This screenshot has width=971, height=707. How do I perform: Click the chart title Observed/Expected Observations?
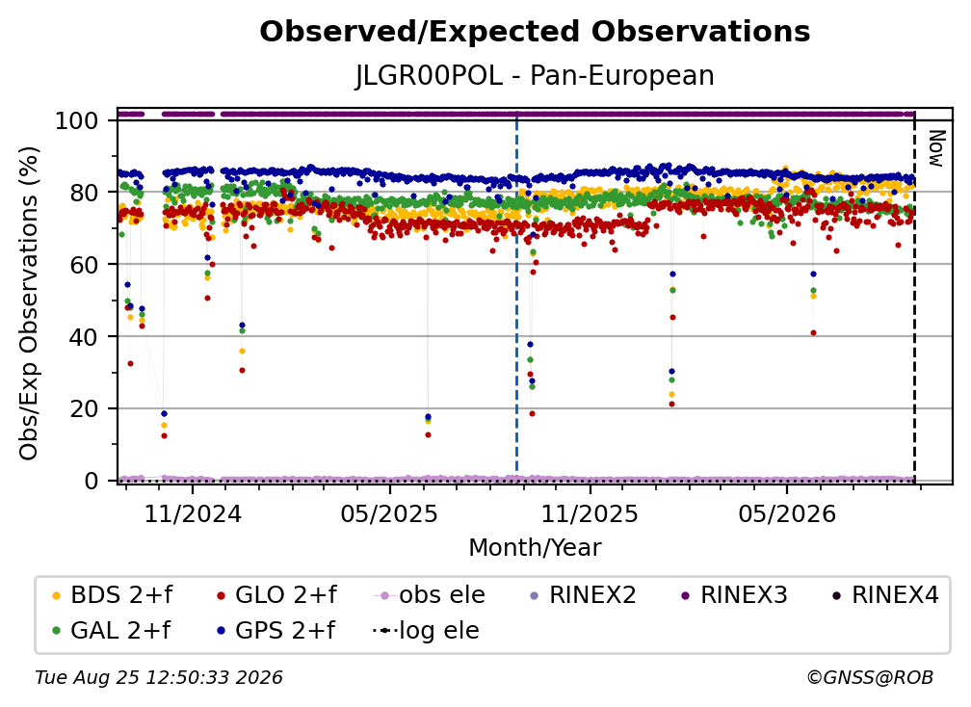[x=535, y=32]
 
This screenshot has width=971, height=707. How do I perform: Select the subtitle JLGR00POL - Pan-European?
[x=535, y=75]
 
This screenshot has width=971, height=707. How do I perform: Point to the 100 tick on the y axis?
[x=77, y=120]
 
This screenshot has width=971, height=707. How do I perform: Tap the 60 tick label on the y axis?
[x=84, y=264]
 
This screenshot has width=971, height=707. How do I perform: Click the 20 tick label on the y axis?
[x=84, y=408]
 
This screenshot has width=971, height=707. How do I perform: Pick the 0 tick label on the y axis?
[x=92, y=481]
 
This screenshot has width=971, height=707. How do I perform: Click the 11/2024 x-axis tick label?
[x=193, y=513]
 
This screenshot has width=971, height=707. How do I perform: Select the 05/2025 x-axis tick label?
[x=389, y=513]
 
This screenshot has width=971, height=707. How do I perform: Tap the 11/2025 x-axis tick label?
[x=590, y=513]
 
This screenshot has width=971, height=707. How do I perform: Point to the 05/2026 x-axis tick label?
[x=786, y=513]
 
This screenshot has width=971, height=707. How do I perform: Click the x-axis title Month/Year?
[x=535, y=548]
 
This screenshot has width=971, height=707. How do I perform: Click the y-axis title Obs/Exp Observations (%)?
[x=29, y=302]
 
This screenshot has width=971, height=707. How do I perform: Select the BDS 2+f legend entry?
[x=113, y=595]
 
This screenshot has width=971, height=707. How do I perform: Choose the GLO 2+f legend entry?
[x=276, y=595]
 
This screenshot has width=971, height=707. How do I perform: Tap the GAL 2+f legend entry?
[x=112, y=630]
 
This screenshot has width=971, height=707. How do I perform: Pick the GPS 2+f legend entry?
[x=276, y=630]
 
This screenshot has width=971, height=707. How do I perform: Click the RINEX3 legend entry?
[x=734, y=595]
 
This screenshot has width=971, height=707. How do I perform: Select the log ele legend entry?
[x=426, y=630]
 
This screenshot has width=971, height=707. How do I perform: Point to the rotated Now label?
[x=937, y=148]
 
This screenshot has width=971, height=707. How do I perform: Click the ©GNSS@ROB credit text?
[x=870, y=678]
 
